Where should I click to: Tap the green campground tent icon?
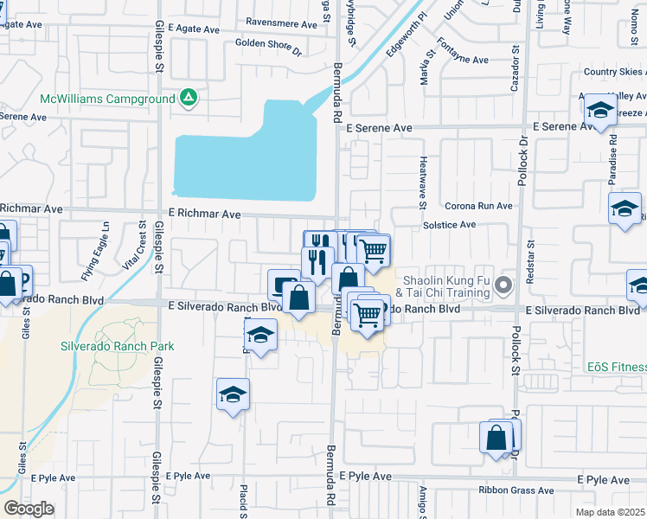[x=188, y=98]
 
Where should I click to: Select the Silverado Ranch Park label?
[x=117, y=346]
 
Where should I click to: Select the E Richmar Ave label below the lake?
[x=202, y=213]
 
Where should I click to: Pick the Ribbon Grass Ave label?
[x=516, y=490]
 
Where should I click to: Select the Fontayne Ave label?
[x=463, y=60]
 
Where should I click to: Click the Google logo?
[x=29, y=508]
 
